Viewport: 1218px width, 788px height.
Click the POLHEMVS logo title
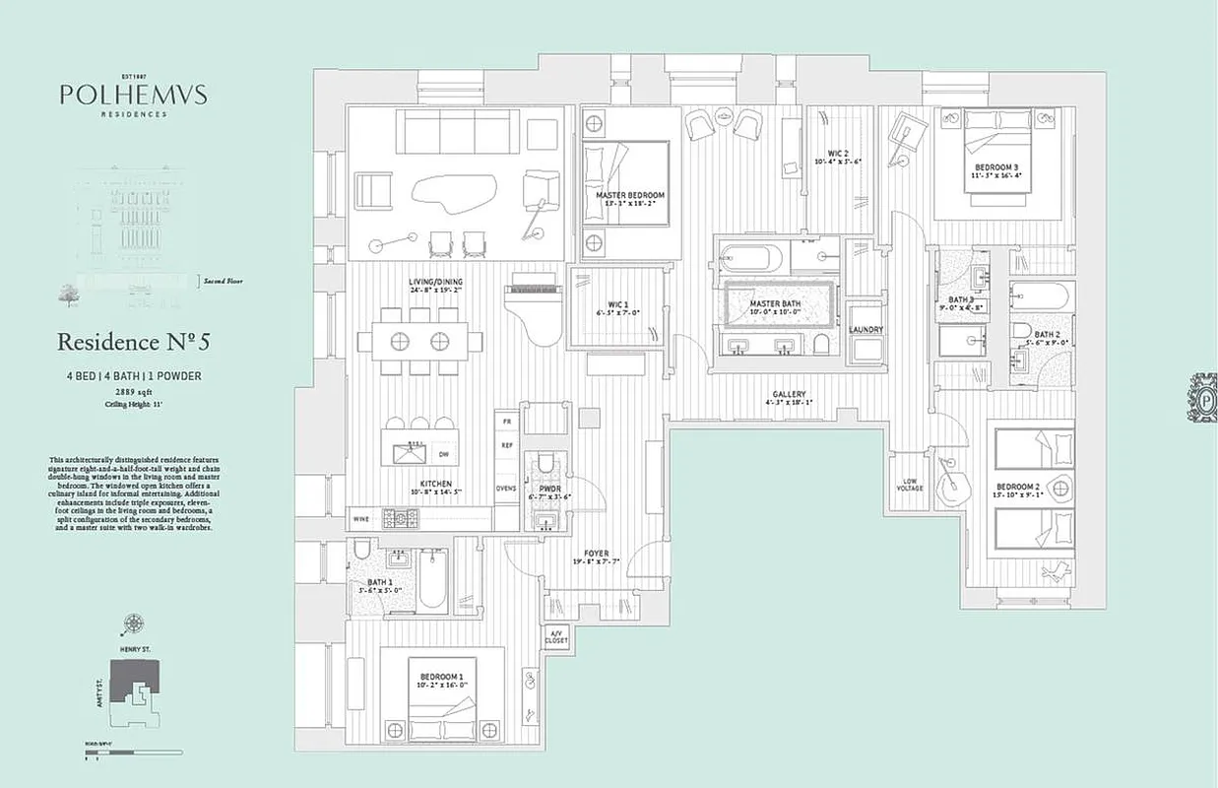tap(132, 95)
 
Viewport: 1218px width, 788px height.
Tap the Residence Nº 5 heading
tap(134, 342)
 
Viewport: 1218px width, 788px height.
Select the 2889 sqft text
tap(134, 391)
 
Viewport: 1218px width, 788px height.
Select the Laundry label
tap(866, 330)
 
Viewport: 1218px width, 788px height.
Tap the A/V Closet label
tap(556, 636)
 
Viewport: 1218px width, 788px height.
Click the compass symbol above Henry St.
tap(133, 623)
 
